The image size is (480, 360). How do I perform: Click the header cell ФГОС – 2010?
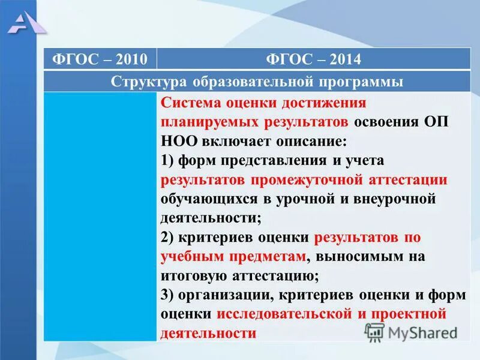pos(100,59)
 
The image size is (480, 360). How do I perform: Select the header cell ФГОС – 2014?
pos(313,59)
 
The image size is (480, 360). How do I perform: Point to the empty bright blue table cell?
pos(100,216)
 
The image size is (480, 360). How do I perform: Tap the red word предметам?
pos(266,257)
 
